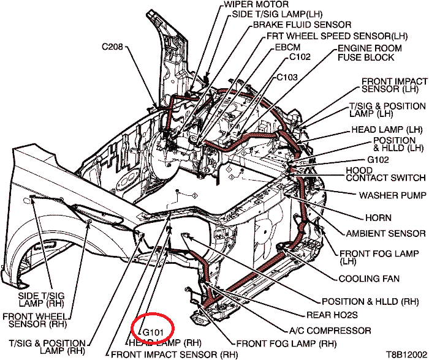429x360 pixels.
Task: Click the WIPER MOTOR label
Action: tap(256, 4)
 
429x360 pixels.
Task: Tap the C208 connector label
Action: tap(112, 47)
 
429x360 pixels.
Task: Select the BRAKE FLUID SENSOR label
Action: tap(302, 24)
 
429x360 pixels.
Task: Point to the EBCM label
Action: tap(287, 47)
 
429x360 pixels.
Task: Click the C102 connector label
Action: tap(300, 57)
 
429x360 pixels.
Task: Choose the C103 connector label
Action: tap(287, 77)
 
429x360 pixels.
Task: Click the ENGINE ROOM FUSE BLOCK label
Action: tap(370, 53)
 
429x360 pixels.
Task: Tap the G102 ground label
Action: tap(378, 160)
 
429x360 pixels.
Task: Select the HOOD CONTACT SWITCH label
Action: tap(385, 174)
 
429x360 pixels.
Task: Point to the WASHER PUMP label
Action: tap(393, 195)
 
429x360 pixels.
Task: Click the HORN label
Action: tap(378, 218)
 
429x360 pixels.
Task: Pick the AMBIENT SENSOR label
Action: tap(385, 234)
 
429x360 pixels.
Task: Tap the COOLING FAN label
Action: tap(369, 279)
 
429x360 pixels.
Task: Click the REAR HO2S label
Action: tap(332, 315)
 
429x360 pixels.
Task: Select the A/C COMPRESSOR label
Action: tap(330, 331)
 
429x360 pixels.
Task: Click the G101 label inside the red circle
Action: tap(153, 332)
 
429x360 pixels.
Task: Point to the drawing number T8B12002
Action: tap(406, 354)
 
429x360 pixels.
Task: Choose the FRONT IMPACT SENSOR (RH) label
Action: tap(174, 355)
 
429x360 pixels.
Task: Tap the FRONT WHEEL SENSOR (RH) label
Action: tap(35, 320)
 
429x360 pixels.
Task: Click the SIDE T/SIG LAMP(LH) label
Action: tap(277, 14)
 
